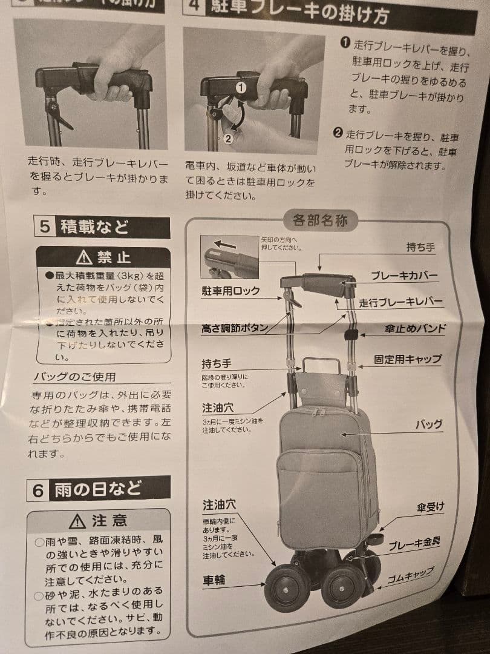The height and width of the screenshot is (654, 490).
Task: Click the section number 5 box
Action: (x=45, y=228)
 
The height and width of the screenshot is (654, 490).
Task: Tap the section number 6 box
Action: (x=38, y=490)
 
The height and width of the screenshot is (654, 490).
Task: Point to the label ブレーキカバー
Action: (x=404, y=276)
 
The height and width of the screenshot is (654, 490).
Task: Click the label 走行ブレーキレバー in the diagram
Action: (x=400, y=302)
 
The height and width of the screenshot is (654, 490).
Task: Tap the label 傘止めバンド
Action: (x=415, y=329)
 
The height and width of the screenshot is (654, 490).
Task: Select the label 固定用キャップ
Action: (x=407, y=358)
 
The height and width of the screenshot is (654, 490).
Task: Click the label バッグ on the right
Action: (x=428, y=424)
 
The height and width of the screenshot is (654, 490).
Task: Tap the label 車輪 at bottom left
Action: (x=214, y=581)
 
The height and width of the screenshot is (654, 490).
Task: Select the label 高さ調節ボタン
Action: (x=234, y=329)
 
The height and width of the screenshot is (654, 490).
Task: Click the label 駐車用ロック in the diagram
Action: (x=230, y=291)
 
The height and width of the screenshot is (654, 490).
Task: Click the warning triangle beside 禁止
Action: (x=85, y=258)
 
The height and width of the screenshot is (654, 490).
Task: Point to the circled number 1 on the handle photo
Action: (x=241, y=87)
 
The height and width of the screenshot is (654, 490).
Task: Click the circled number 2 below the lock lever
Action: (x=227, y=138)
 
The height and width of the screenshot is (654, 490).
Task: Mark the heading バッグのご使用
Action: (x=74, y=377)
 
